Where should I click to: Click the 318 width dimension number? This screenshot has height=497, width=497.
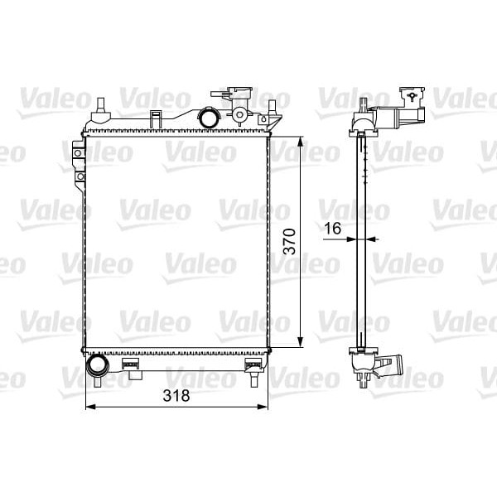pos(176,396)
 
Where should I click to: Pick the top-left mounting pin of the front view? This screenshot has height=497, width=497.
pos(100,106)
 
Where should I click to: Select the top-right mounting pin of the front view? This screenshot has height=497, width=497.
pos(272,105)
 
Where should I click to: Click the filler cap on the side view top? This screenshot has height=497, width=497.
pos(410,95)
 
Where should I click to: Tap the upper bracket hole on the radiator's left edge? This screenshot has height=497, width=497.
pos(79,152)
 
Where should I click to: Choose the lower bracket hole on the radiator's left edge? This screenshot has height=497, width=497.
pos(79,176)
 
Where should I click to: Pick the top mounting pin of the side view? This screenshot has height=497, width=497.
pos(363,104)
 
